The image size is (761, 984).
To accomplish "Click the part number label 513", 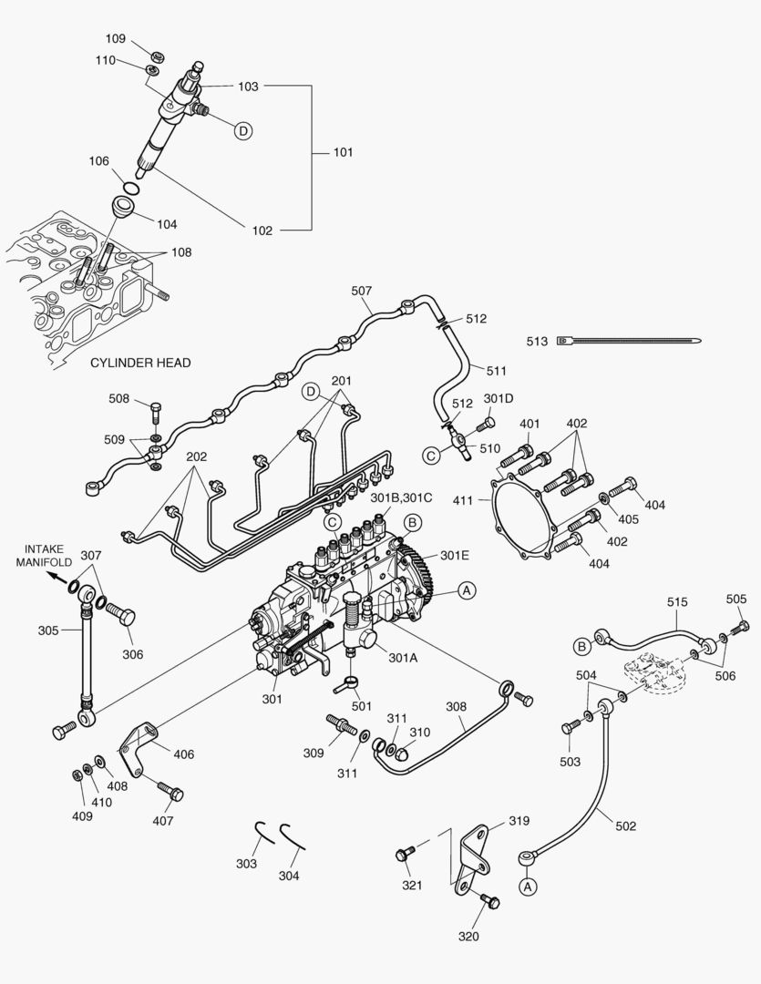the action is point(537,342).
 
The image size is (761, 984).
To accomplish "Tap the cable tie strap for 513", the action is point(629,342).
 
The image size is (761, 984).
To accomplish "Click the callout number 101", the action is point(342,152).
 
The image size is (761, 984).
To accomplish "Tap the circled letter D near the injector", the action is point(243,131).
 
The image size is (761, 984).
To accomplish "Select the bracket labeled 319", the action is point(474,856).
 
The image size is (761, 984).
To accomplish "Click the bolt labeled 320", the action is point(489,902).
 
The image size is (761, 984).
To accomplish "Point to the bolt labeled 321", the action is point(405,853).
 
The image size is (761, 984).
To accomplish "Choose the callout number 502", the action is point(625,826).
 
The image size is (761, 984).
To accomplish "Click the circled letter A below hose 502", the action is point(527,885).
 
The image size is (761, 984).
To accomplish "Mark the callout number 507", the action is point(362,292).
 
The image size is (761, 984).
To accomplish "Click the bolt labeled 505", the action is point(742,626).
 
